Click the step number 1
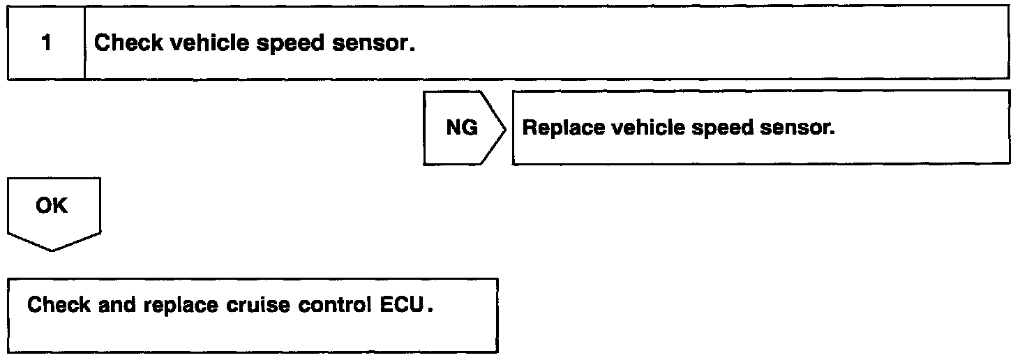point(46,43)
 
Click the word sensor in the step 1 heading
point(376,43)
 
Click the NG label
point(461,128)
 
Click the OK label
point(52,206)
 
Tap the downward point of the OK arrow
point(53,249)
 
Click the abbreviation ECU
point(400,306)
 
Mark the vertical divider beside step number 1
point(84,43)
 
